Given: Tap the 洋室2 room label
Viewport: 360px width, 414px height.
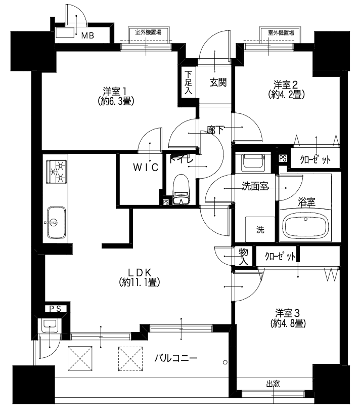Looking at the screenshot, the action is [x=286, y=85].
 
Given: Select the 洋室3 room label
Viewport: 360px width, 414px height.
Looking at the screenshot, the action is [x=288, y=313].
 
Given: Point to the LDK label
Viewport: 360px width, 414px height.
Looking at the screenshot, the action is [x=139, y=272].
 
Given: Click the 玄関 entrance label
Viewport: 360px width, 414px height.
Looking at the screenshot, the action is [x=218, y=82].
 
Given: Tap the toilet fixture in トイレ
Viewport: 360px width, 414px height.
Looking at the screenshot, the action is [x=181, y=189].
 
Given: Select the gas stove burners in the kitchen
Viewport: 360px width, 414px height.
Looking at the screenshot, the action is [x=57, y=172].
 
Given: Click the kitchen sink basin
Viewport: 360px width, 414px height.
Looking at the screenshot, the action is [x=56, y=222].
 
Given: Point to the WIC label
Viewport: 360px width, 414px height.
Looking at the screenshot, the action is [x=146, y=167].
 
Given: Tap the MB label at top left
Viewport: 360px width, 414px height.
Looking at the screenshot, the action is [x=87, y=35].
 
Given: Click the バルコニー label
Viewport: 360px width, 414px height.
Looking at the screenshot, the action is [x=176, y=358].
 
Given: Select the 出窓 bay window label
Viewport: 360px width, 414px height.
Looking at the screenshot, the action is [x=273, y=384].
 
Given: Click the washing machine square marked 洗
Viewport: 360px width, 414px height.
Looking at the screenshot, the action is [x=260, y=229].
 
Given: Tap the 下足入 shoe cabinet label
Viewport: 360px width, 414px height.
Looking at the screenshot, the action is [x=188, y=82].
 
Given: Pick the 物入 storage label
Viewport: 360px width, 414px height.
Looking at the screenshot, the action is [x=243, y=256].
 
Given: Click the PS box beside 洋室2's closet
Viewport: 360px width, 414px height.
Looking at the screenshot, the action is [x=283, y=158].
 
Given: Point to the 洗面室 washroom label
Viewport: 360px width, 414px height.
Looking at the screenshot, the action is [x=255, y=186].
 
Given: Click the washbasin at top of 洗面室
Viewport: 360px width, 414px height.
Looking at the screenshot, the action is [x=253, y=162].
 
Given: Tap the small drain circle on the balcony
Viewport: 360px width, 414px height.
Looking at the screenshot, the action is [x=225, y=362].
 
